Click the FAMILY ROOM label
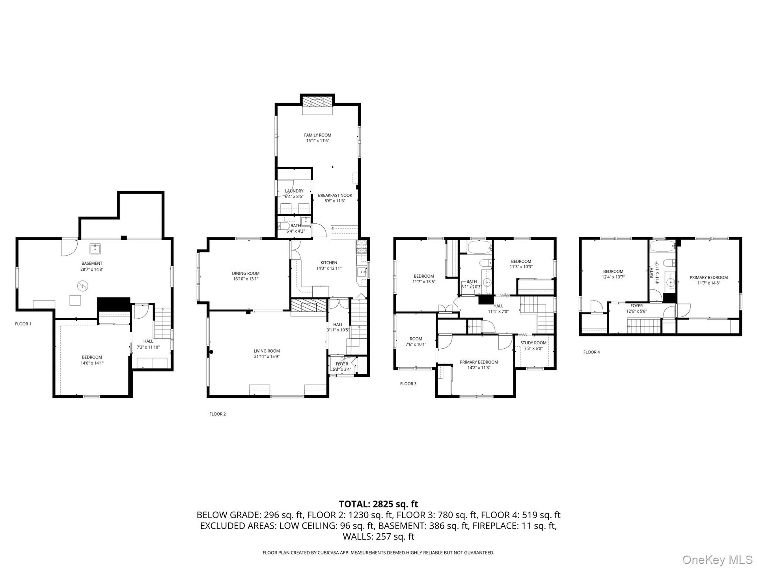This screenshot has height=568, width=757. click(317, 135)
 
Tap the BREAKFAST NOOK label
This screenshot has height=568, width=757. click(335, 195)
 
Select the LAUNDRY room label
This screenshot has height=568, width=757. click(294, 191)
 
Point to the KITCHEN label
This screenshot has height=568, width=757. click(329, 263)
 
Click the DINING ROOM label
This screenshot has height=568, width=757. click(246, 273)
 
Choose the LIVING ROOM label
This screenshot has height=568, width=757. click(267, 351)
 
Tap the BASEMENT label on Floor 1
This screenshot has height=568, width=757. click(92, 263)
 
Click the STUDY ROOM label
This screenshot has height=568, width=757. click(533, 343)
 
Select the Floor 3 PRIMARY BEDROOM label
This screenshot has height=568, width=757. click(479, 362)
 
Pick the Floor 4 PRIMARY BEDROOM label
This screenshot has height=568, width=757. click(709, 277)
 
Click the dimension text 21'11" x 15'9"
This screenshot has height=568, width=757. click(267, 357)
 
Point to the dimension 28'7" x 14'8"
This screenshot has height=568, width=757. click(92, 269)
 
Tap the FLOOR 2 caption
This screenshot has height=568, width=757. click(218, 414)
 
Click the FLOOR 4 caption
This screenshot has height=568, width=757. click(591, 352)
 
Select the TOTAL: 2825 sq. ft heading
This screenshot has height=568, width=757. click(378, 504)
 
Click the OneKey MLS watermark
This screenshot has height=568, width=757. click(718, 560)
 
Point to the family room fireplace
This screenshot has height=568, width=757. click(318, 102)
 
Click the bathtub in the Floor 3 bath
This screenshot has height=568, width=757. click(479, 247)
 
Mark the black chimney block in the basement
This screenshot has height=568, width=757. click(114, 305)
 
